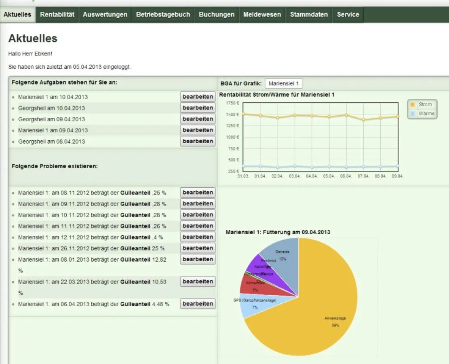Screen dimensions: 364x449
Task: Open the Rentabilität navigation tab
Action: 57,15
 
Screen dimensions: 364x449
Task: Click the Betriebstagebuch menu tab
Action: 163,15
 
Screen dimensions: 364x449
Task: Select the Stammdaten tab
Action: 309,15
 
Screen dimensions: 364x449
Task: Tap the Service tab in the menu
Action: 348,15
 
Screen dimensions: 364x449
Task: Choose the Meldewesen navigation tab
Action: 262,15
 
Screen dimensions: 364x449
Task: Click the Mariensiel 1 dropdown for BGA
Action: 283,84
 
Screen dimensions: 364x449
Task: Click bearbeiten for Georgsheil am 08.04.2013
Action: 198,142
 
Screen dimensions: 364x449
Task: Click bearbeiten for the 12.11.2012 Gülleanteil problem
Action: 198,237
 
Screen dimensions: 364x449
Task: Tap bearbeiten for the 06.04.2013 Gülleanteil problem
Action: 198,304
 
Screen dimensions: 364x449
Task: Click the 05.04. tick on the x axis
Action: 329,176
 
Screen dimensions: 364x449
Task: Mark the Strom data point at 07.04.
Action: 363,120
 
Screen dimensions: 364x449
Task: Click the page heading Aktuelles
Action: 33,38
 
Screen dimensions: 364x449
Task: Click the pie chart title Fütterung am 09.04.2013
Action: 278,232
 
